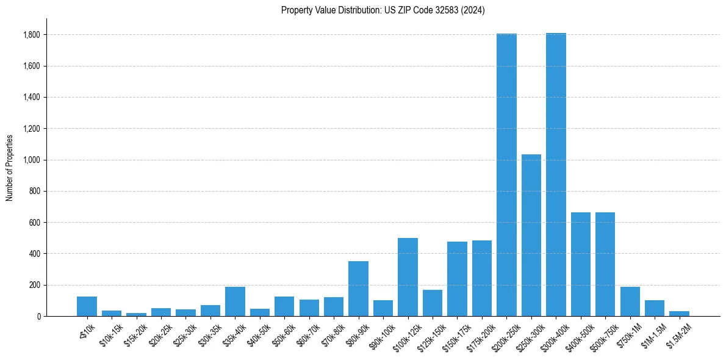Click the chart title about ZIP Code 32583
383,10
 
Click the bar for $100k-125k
408,277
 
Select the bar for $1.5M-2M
679,314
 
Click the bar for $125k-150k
433,303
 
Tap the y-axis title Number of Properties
10,168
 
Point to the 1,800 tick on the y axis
32,35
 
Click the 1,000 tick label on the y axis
32,160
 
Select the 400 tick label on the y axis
35,254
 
